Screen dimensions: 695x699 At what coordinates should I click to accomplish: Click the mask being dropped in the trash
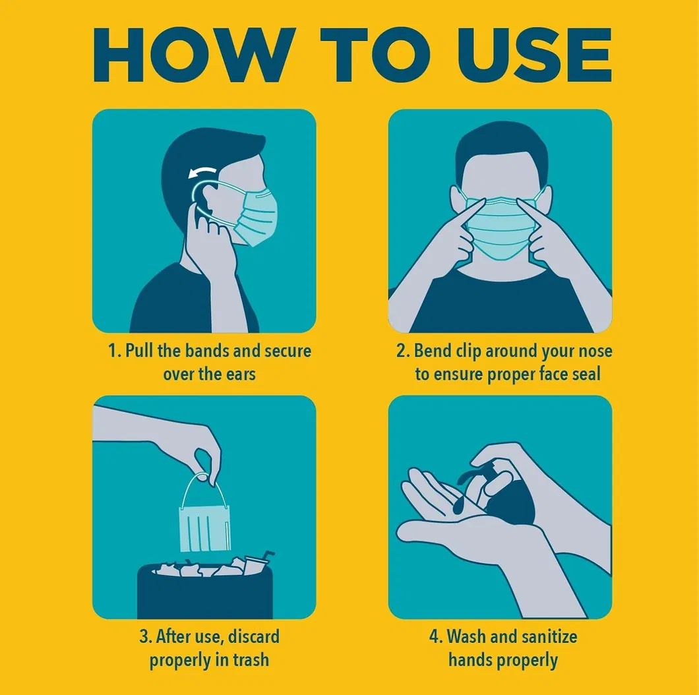[205, 528]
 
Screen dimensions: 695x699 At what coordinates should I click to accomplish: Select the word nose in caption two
[593, 351]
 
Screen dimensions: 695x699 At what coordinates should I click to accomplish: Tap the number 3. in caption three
[146, 637]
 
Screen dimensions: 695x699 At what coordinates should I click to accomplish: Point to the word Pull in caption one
[139, 351]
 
